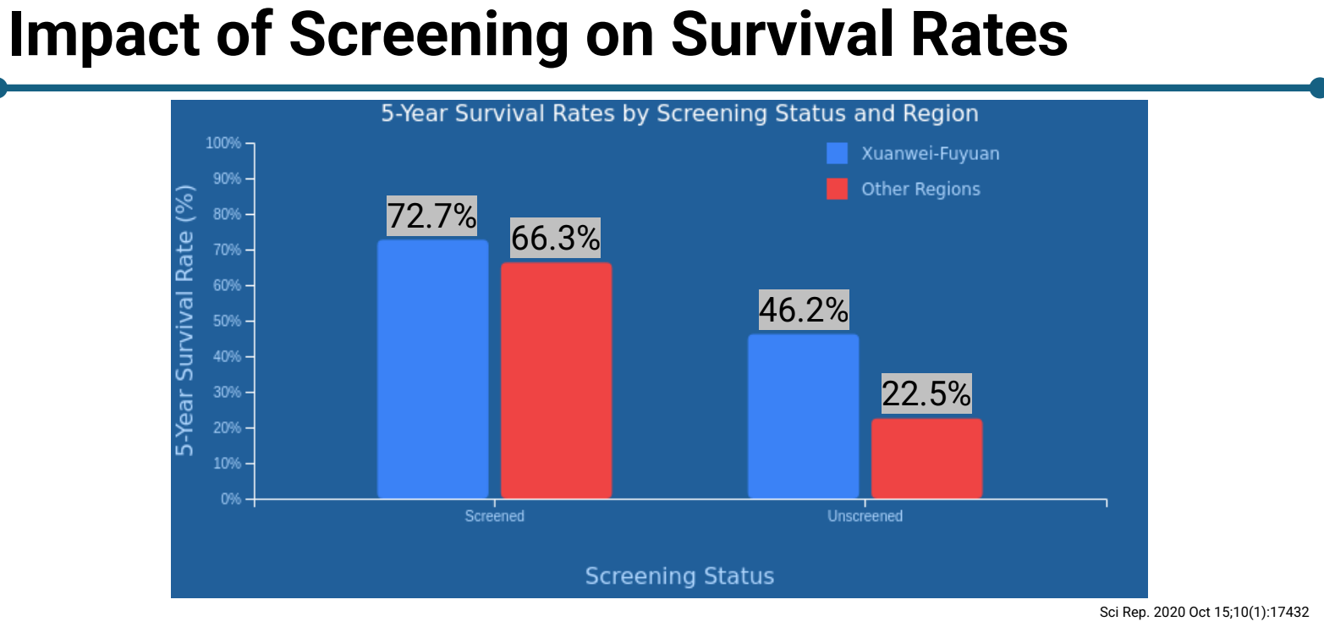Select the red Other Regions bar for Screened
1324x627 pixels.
click(x=556, y=380)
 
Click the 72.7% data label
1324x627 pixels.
click(x=431, y=216)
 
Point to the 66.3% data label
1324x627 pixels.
click(x=555, y=238)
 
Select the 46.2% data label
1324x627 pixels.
click(x=803, y=311)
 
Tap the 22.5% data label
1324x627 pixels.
click(x=926, y=393)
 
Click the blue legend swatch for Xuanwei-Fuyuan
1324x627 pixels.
click(x=837, y=153)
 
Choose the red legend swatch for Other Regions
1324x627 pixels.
click(x=837, y=189)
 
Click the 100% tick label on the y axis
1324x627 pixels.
click(x=223, y=143)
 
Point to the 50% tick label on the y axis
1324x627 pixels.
click(x=226, y=322)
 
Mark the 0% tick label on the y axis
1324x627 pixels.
click(x=230, y=499)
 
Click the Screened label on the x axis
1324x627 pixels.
click(x=494, y=516)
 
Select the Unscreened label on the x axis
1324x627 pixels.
click(x=865, y=516)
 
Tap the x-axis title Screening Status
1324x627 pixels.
click(x=679, y=576)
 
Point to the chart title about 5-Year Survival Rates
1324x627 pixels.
click(x=679, y=113)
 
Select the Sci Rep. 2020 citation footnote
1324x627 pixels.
click(x=1204, y=612)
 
